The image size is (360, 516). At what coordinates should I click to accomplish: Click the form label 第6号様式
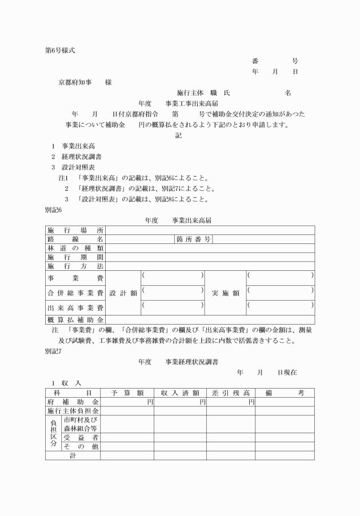(60, 50)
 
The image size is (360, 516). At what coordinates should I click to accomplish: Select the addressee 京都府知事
(73, 82)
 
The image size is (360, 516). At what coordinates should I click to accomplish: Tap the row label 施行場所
(75, 230)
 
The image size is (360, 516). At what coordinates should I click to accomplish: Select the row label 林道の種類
(75, 249)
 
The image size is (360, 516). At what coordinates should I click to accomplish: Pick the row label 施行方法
(75, 266)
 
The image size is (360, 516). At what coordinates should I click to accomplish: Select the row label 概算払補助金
(75, 319)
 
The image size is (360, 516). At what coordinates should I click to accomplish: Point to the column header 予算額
(127, 393)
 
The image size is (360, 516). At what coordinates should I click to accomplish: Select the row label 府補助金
(73, 402)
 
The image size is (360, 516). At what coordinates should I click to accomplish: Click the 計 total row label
(73, 455)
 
